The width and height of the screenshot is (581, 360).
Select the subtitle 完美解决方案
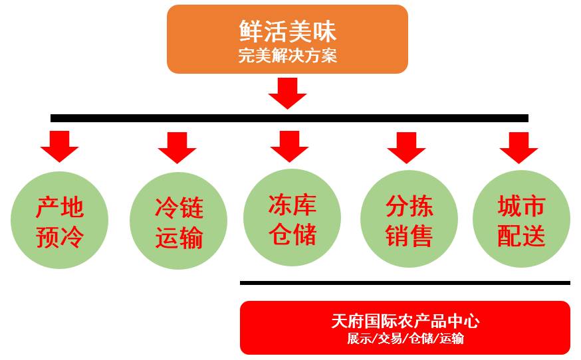[287, 56]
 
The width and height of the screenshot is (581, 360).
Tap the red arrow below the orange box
[287, 93]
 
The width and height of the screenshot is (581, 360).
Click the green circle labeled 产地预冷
[59, 221]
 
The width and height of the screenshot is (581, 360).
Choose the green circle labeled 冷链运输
[178, 221]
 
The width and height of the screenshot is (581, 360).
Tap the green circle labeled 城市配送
[521, 220]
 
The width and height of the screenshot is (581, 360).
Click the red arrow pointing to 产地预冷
[59, 146]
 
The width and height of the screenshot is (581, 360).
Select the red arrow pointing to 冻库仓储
[289, 146]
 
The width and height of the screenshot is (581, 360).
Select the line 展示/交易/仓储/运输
[405, 338]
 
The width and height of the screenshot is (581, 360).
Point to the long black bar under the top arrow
[289, 118]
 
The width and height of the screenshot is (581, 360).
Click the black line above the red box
[405, 283]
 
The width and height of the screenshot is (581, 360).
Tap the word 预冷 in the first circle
[59, 237]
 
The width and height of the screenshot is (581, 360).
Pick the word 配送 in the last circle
[521, 235]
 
